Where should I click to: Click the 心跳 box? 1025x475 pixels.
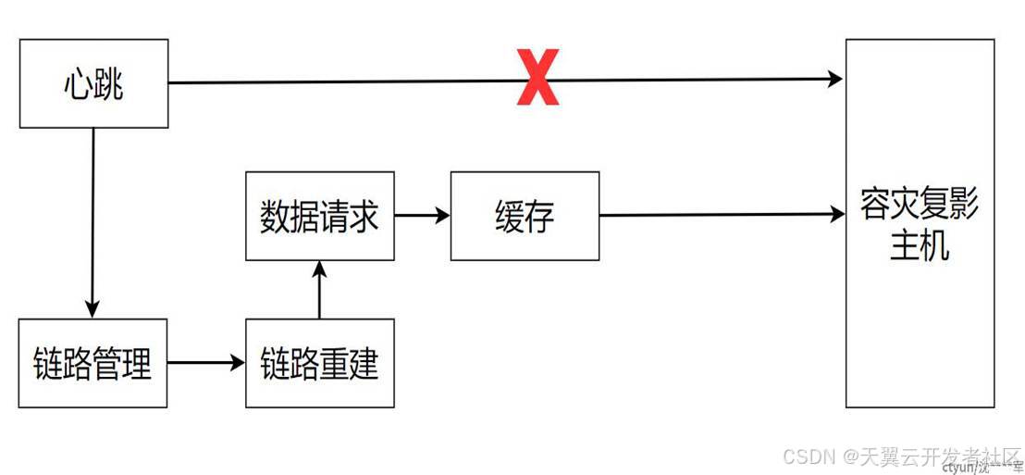pyautogui.click(x=93, y=83)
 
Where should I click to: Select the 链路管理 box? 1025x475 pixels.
pyautogui.click(x=93, y=363)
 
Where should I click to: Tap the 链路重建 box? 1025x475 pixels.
pyautogui.click(x=319, y=363)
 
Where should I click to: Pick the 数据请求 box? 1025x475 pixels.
pyautogui.click(x=319, y=216)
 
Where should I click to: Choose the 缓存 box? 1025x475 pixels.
pyautogui.click(x=525, y=216)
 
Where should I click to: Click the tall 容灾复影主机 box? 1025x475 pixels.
pyautogui.click(x=920, y=223)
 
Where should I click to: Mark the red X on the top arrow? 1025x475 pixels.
pyautogui.click(x=537, y=81)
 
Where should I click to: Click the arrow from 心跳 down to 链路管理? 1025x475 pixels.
pyautogui.click(x=93, y=222)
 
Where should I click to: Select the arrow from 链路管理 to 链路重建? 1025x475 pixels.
pyautogui.click(x=206, y=363)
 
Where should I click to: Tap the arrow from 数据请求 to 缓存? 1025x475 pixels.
pyautogui.click(x=422, y=216)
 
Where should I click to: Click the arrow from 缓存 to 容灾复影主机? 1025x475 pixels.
pyautogui.click(x=722, y=216)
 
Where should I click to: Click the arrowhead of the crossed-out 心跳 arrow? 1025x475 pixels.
pyautogui.click(x=836, y=79)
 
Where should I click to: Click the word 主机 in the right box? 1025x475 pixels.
pyautogui.click(x=920, y=247)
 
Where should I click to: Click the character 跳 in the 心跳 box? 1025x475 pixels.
pyautogui.click(x=109, y=85)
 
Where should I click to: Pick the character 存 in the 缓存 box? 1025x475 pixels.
pyautogui.click(x=539, y=218)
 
